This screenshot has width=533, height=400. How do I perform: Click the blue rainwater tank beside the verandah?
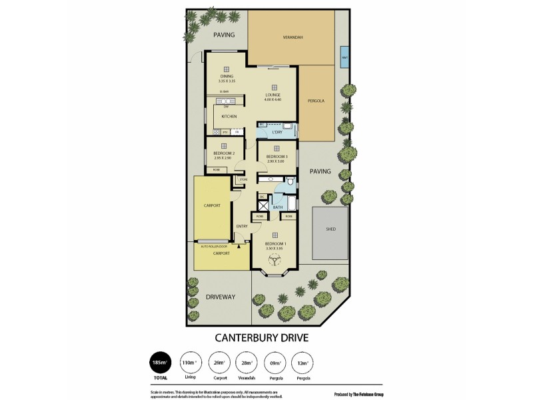coord(344,57)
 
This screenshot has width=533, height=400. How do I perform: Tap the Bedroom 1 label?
coord(275,244)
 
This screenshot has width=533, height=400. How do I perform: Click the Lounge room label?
coord(274,95)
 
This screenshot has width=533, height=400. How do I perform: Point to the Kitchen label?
coord(229,117)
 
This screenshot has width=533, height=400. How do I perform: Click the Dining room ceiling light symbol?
coord(227,68)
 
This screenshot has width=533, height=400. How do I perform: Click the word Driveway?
coord(221,297)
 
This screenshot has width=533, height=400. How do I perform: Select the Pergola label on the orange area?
coord(316,101)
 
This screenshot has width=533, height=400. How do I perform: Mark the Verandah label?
coord(292,37)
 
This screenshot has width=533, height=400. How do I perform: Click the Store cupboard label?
coord(243,179)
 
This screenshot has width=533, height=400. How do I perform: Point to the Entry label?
coord(242,226)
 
